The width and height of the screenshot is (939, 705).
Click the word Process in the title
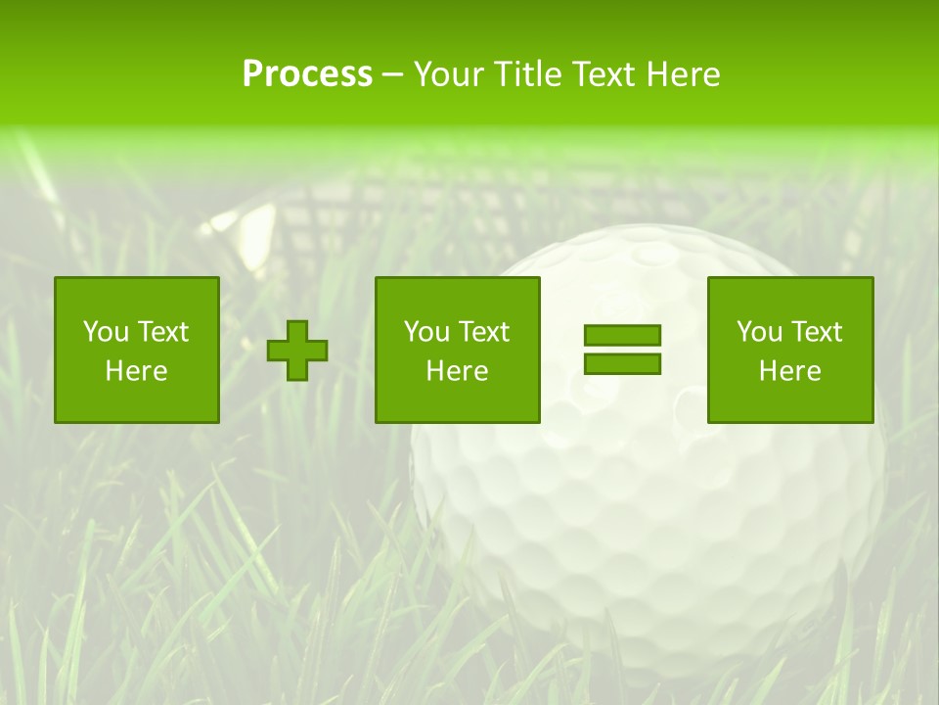tap(307, 74)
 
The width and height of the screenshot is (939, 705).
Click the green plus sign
tap(297, 351)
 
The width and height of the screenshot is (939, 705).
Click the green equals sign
tap(622, 350)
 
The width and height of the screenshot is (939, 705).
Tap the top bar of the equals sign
tap(622, 336)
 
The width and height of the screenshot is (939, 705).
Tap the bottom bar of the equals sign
tap(622, 363)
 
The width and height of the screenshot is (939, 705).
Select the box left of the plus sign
tap(137, 350)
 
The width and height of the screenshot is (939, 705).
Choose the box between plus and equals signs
tap(457, 350)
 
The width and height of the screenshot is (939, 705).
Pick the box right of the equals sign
tap(790, 350)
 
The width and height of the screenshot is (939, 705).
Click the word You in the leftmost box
tap(105, 332)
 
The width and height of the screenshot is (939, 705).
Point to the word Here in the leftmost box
tap(137, 371)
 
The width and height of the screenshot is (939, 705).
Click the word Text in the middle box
tap(483, 332)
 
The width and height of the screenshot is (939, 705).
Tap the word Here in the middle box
tap(457, 371)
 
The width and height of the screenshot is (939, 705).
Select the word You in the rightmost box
tap(759, 332)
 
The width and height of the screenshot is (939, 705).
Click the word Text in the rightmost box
tap(816, 332)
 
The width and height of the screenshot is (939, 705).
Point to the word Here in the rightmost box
tap(790, 371)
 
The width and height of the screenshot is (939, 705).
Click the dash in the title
tap(393, 74)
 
